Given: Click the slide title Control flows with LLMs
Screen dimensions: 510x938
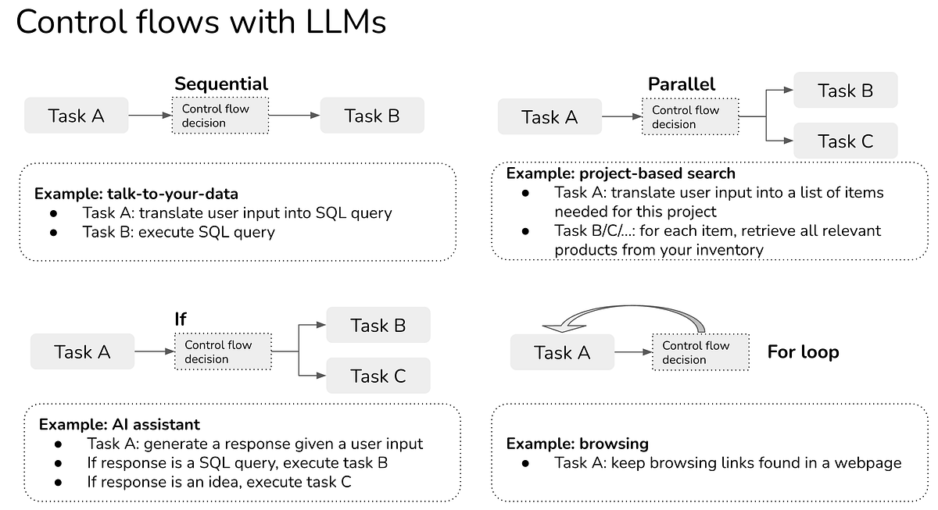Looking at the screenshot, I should coord(201,23).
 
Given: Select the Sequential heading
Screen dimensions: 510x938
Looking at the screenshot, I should coord(220,84).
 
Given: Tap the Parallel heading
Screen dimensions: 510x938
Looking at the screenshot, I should coord(681,84).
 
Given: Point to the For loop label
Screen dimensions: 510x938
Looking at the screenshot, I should coord(803,351).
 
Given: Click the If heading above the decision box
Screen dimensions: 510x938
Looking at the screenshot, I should coord(181,319).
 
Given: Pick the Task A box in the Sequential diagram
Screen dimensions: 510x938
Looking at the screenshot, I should coord(76,116).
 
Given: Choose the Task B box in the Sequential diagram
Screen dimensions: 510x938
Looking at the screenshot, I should coord(372,116).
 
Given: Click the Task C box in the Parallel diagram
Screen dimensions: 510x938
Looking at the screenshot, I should coord(845,141).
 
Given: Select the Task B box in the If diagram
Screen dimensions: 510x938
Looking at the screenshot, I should coord(378,325).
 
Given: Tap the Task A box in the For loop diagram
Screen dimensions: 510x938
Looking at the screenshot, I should coord(562,352).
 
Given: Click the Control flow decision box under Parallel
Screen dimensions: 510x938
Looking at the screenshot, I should coord(686,117).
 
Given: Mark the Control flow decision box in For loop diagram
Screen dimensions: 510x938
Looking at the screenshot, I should coord(696,352).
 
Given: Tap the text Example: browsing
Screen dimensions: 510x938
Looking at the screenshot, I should coord(577,444).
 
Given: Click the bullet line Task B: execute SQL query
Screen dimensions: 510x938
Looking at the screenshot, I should coord(178,231).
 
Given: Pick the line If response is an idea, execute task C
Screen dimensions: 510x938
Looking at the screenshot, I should coord(219,481).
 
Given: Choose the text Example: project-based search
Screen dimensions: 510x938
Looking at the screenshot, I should coord(621,173).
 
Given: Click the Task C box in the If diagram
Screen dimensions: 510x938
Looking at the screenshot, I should coord(378,376).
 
